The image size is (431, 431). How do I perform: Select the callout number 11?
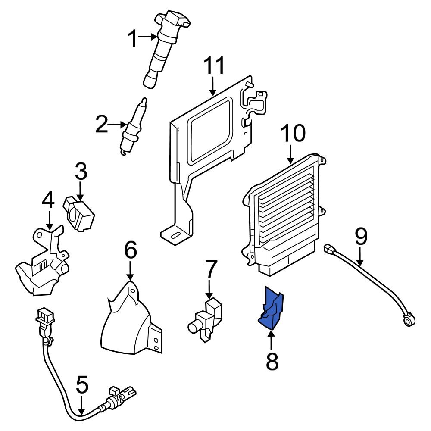point(214,66)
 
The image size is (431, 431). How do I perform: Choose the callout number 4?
point(49,201)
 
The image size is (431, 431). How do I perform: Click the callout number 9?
point(361,236)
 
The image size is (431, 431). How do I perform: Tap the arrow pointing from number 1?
point(149,37)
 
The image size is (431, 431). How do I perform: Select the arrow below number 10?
point(290,154)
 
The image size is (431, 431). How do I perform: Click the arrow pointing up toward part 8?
point(272,340)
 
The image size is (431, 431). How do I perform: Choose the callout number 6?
point(131,250)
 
